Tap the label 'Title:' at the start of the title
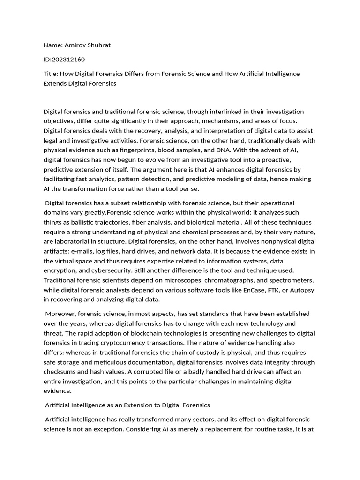click(52, 74)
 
